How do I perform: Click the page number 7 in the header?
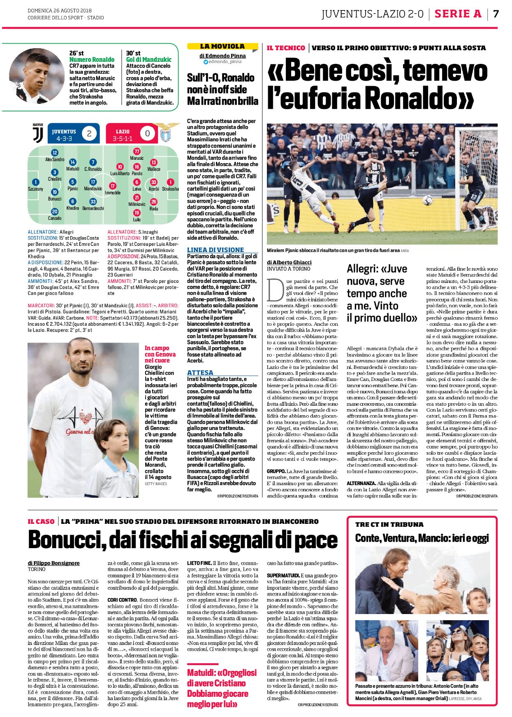point(496,14)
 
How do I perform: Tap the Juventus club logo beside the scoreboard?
point(38,133)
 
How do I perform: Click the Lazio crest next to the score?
point(166,133)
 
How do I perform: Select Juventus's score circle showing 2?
point(89,133)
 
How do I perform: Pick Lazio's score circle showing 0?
point(147,133)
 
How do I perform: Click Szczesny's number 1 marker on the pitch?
point(35,182)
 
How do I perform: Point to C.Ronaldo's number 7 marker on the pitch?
point(93,162)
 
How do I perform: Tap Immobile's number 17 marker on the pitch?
point(112,186)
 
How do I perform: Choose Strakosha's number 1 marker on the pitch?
point(170,182)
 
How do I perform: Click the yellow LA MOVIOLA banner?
point(222,47)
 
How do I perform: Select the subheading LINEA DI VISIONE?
point(215,250)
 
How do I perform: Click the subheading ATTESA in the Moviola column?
point(200,372)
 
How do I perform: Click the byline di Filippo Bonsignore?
point(54,563)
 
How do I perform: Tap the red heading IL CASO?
point(41,521)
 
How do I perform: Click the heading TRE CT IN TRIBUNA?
point(389,524)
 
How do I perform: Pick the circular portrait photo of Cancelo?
point(37,75)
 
